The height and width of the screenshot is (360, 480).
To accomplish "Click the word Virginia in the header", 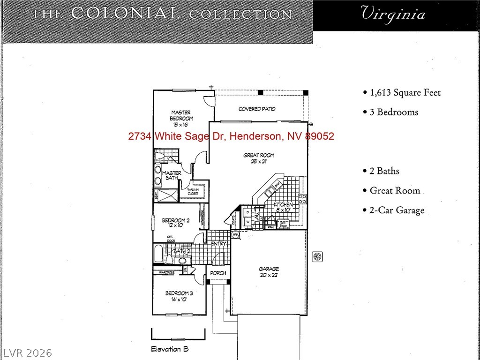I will tap(393, 14).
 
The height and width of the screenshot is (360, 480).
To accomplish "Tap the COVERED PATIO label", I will tap(257, 109).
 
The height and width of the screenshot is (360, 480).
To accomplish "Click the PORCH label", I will tap(218, 273).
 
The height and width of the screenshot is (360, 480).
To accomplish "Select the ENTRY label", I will tap(218, 244).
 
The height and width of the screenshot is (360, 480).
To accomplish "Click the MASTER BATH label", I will tap(171, 176).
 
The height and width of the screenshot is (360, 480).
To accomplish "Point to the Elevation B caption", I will tap(170, 349).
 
